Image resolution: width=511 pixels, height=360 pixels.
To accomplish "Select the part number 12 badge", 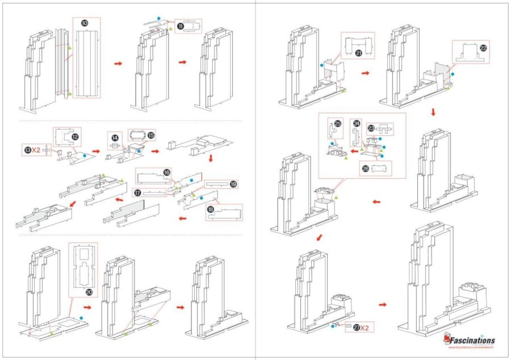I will (x=74, y=137).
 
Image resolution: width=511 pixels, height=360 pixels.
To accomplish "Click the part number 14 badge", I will (x=115, y=138).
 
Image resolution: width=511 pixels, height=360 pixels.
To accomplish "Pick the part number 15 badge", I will (x=151, y=136).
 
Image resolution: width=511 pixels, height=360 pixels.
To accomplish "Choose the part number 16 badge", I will (x=167, y=172).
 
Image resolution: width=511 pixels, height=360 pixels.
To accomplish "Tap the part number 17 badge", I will (x=137, y=193).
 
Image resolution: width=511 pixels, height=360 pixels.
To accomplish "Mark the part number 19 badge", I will (x=233, y=185).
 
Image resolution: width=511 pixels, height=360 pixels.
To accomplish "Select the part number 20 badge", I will (x=89, y=292).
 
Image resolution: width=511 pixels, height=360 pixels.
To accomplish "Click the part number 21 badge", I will (x=359, y=53).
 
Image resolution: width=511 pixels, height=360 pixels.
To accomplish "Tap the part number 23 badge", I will (x=371, y=128).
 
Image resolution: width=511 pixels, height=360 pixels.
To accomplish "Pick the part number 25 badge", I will (x=337, y=123).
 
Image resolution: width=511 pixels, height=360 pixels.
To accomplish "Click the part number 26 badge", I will (x=365, y=168).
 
